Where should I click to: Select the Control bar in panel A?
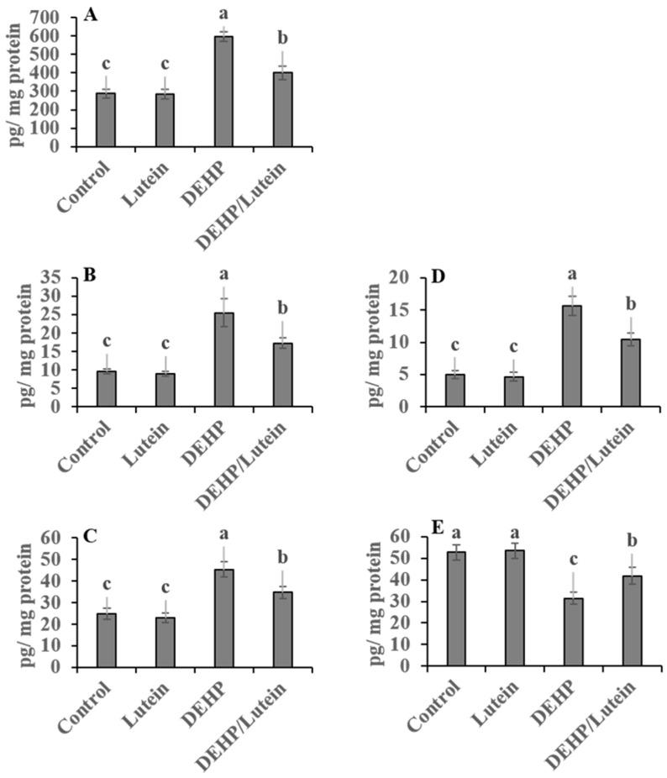(106, 119)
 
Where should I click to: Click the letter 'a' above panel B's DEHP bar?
(223, 271)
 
